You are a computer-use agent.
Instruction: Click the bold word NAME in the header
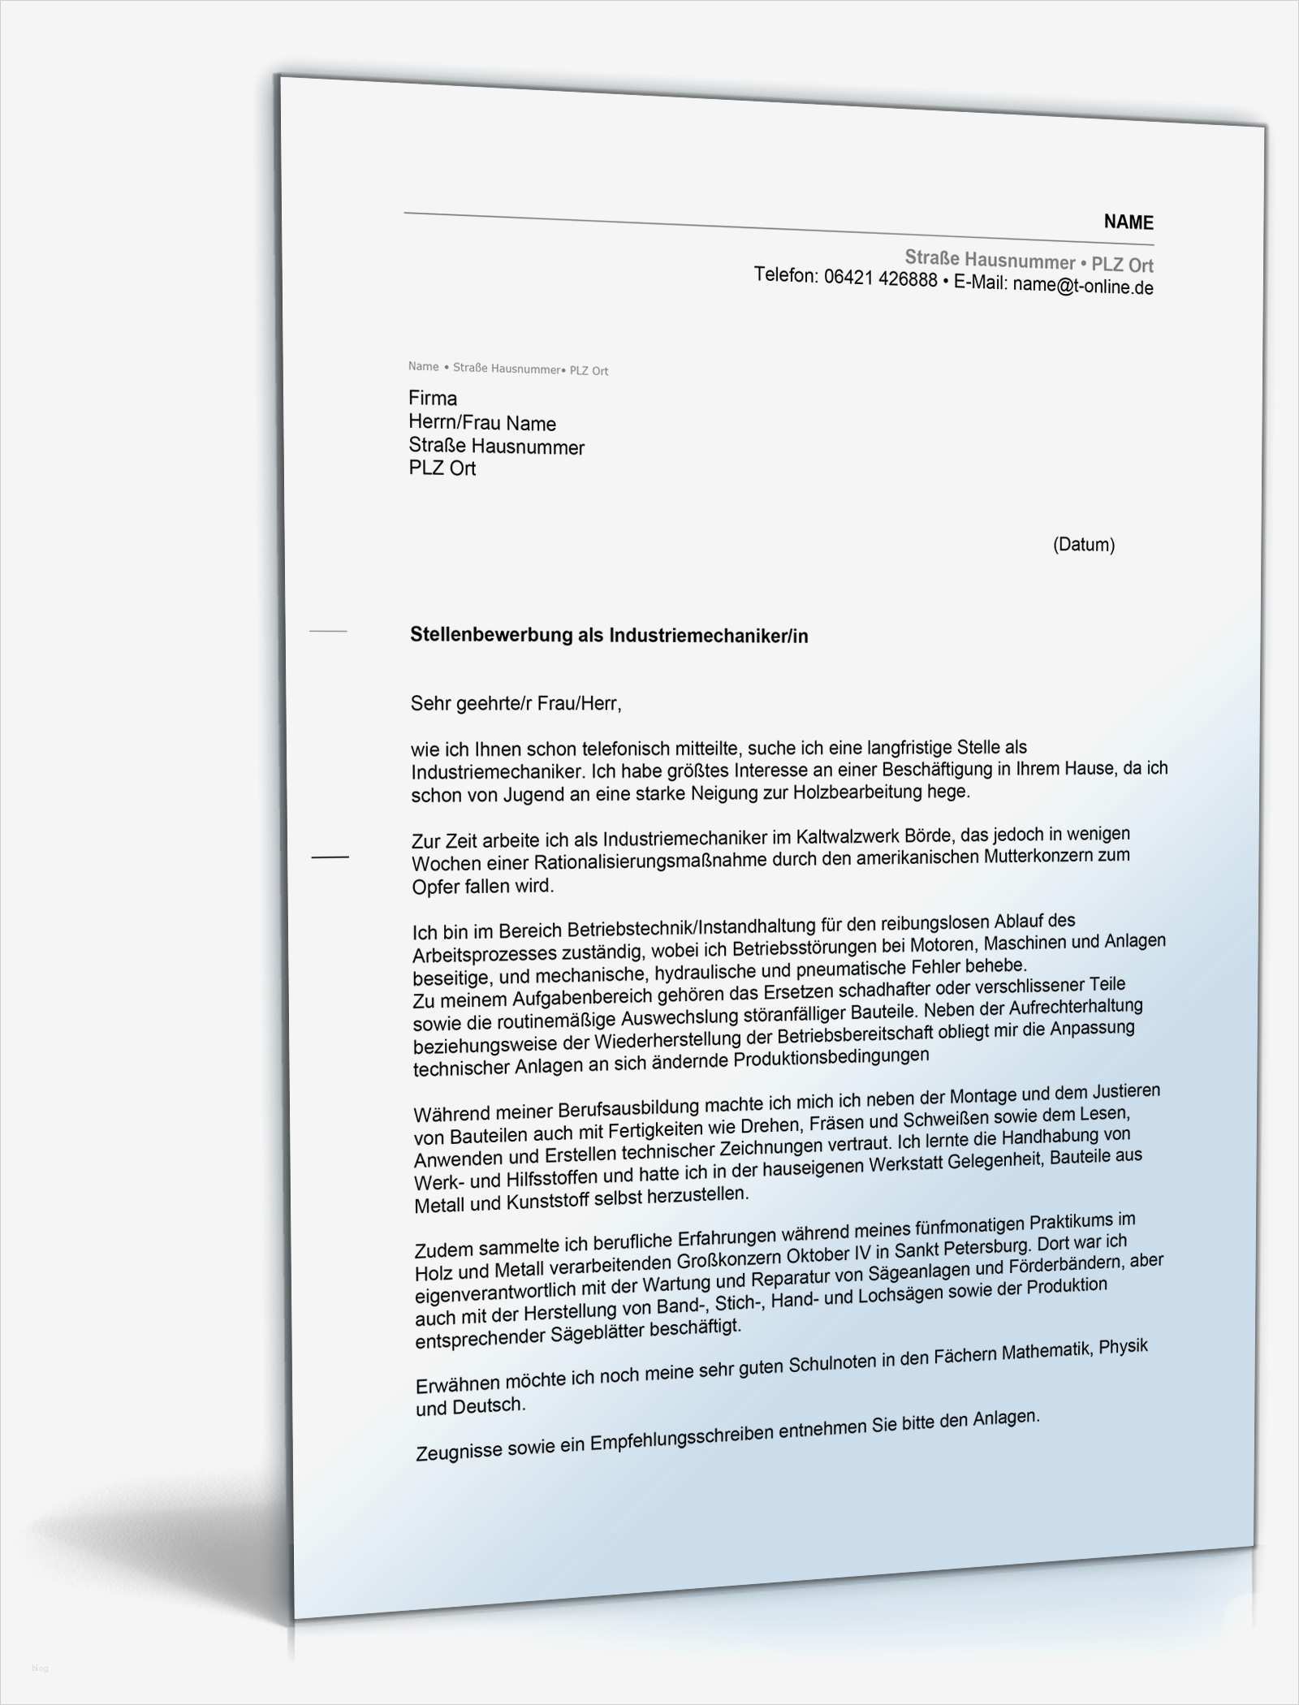(1128, 222)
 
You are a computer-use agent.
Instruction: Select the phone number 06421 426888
(880, 279)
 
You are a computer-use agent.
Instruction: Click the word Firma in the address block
(433, 398)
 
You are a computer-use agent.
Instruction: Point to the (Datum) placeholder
(1083, 545)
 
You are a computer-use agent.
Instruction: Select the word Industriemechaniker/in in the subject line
(709, 636)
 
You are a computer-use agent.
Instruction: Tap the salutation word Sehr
(429, 702)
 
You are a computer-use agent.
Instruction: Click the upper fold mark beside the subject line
(328, 630)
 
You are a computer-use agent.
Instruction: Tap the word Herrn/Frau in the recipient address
(454, 422)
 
